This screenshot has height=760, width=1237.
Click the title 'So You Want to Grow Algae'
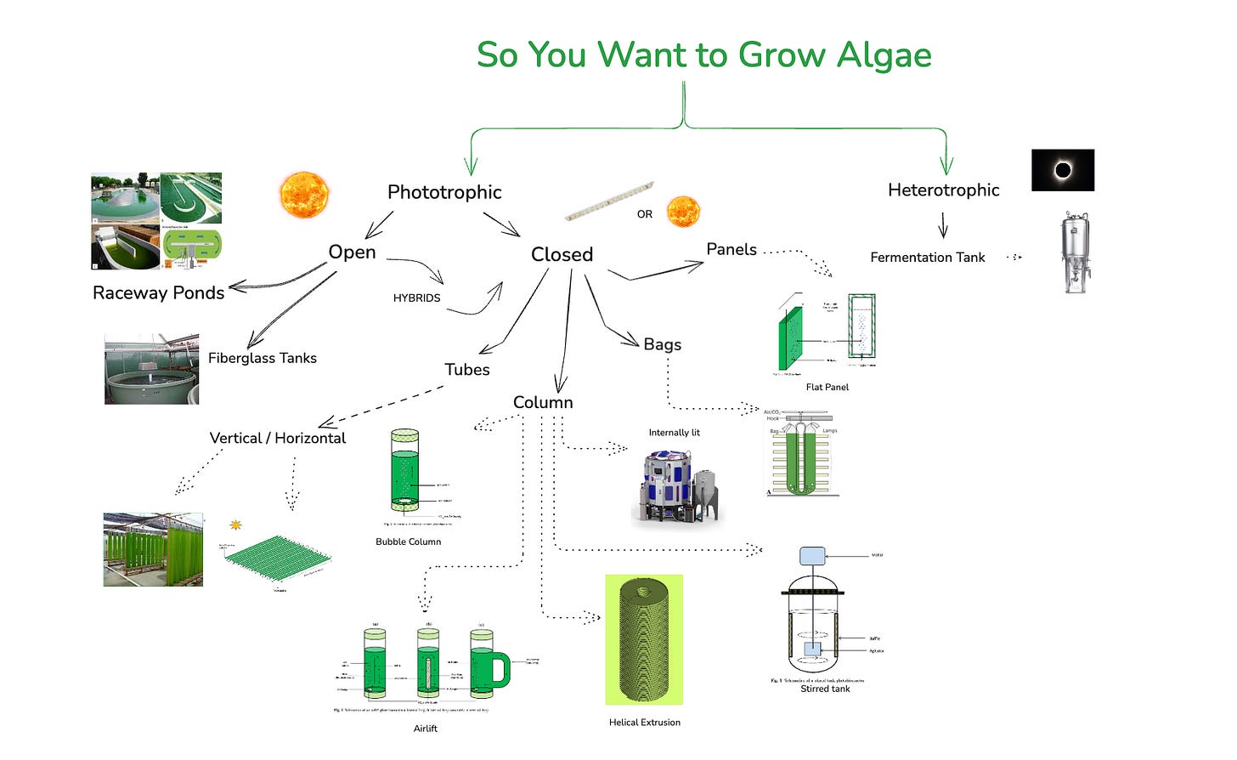703,55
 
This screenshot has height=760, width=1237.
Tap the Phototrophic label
444,192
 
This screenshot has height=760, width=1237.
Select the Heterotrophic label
943,190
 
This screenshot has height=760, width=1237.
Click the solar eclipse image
1062,170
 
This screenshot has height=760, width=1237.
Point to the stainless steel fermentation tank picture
1076,253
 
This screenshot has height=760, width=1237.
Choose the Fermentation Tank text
927,258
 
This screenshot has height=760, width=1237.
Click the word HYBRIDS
416,298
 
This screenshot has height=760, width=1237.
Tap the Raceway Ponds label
159,293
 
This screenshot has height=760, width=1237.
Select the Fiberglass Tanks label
263,359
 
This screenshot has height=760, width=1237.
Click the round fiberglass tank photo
151,370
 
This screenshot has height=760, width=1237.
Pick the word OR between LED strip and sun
645,214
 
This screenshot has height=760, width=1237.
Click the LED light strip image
609,201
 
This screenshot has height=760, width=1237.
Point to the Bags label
662,344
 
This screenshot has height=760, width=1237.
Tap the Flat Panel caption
827,388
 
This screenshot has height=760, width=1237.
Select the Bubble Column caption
408,542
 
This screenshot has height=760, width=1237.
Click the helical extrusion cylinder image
644,639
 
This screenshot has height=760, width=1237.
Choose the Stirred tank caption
825,689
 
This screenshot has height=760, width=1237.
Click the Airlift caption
425,729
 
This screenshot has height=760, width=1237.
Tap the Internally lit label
674,433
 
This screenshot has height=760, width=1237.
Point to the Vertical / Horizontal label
278,439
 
